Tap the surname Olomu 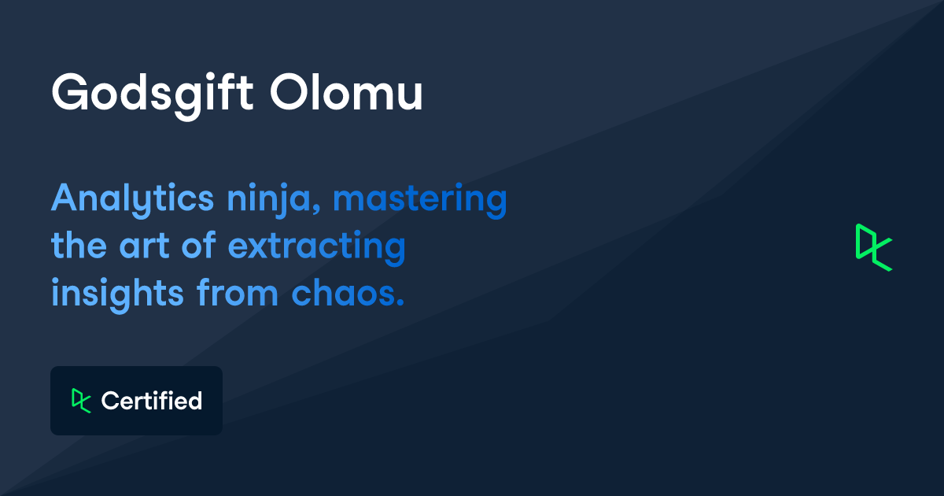pyautogui.click(x=347, y=93)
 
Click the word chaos pyautogui.click(x=343, y=294)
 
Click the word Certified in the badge pyautogui.click(x=152, y=401)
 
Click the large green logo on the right pyautogui.click(x=874, y=247)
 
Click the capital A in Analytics pyautogui.click(x=65, y=198)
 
